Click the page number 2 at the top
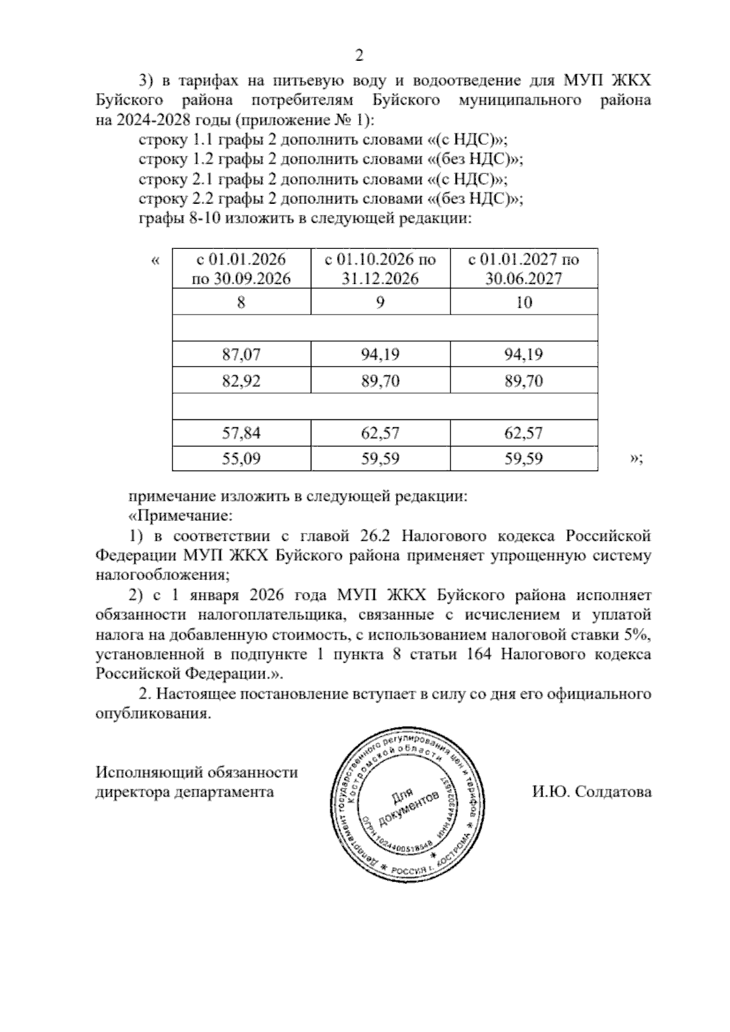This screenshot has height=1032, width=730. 359,56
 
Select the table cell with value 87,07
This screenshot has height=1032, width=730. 241,354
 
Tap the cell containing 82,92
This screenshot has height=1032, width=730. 241,381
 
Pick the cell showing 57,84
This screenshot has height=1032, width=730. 241,433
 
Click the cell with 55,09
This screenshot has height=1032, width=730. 241,458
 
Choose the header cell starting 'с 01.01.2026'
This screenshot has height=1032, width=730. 241,268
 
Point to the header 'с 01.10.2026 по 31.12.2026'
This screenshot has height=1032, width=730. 380,268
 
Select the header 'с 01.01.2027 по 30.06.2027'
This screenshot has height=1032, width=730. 523,268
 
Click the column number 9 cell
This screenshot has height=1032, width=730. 380,302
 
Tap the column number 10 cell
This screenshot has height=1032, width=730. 523,302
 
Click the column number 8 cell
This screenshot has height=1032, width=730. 241,302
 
